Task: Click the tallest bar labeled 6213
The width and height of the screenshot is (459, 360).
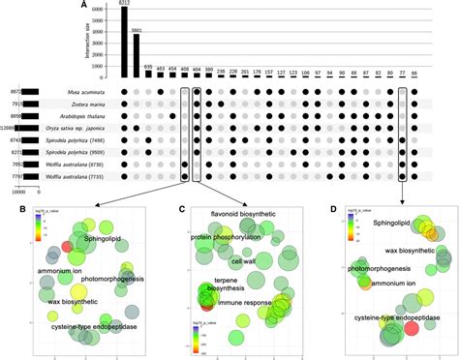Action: click(x=123, y=44)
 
